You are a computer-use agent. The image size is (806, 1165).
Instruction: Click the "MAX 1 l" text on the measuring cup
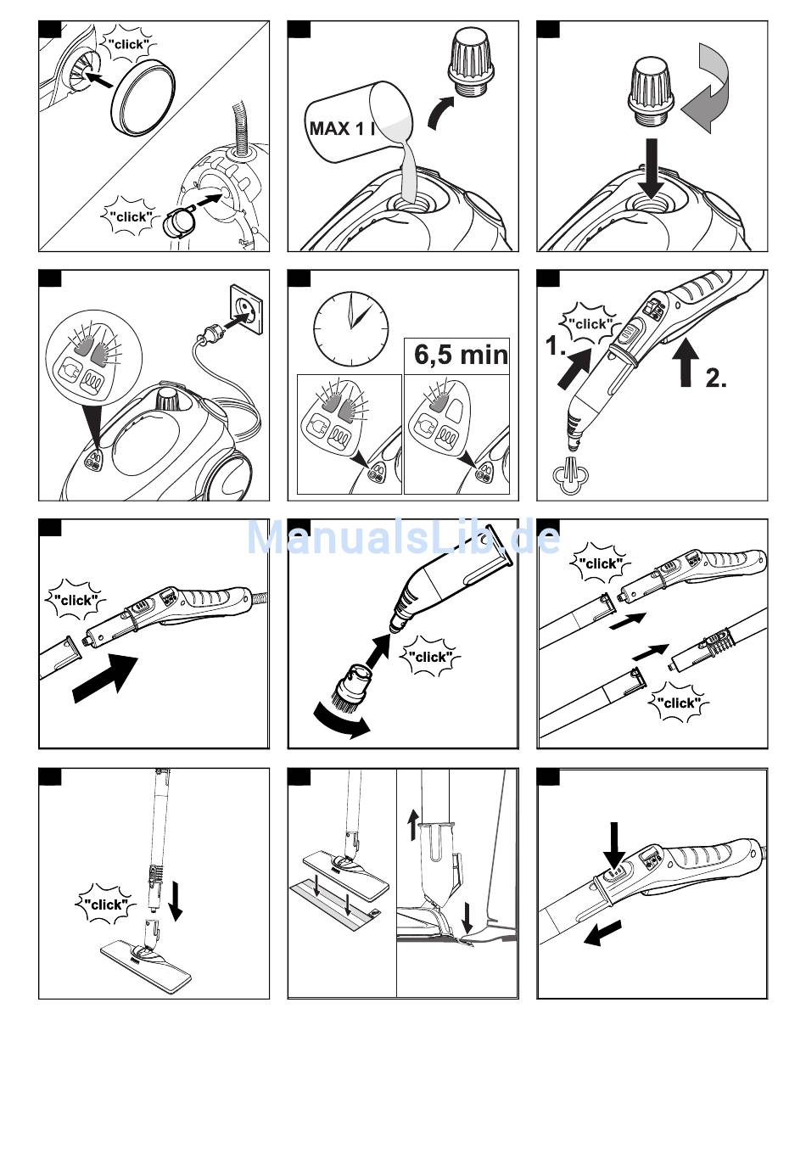(342, 129)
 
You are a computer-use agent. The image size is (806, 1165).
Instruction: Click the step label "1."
(557, 346)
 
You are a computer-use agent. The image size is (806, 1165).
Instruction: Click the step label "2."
(716, 378)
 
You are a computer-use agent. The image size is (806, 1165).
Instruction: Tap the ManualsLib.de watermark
(403, 538)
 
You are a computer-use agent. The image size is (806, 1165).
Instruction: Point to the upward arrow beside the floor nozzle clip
(414, 824)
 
